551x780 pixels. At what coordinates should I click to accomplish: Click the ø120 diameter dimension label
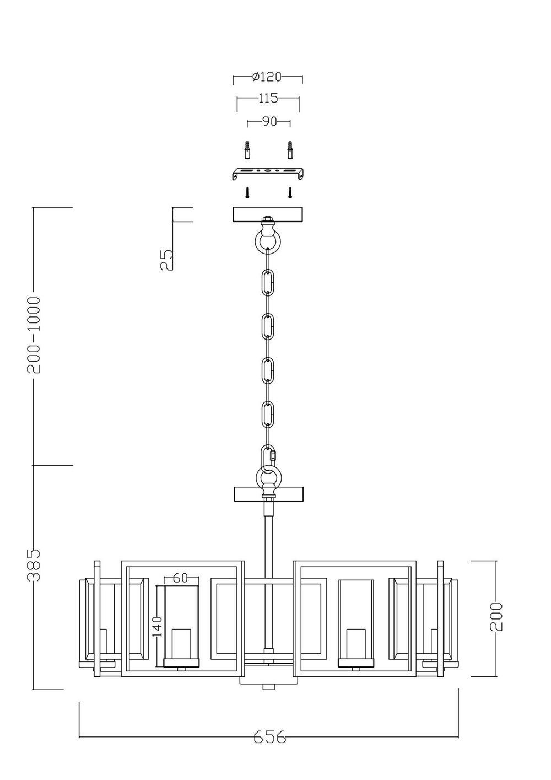[x=267, y=77]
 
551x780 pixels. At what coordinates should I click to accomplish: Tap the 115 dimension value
[x=268, y=99]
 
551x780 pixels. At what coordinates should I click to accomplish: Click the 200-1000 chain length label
[x=35, y=335]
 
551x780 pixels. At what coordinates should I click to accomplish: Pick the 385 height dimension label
[x=35, y=565]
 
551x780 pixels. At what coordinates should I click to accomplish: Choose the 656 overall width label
[x=270, y=737]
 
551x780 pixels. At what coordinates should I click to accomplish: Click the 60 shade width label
[x=180, y=578]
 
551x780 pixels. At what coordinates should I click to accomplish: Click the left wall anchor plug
[x=249, y=148]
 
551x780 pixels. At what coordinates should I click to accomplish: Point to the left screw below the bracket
[x=248, y=192]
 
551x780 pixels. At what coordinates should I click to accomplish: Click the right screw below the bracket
[x=289, y=192]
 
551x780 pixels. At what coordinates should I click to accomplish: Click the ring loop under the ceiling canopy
[x=268, y=239]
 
